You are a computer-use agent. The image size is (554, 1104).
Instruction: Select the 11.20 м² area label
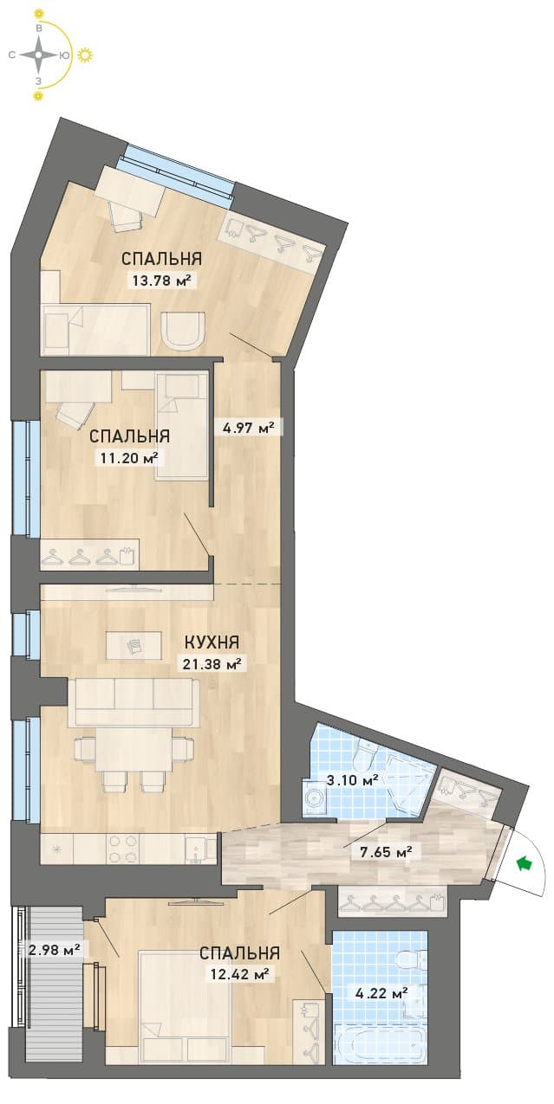(126, 458)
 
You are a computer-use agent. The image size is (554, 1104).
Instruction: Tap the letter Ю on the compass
(64, 55)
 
